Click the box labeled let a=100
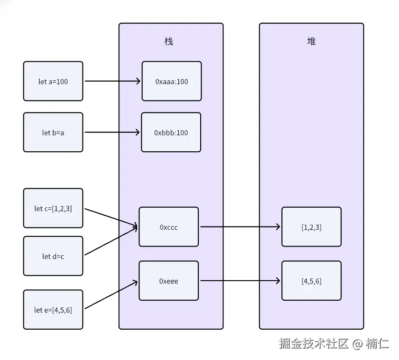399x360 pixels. click(x=53, y=81)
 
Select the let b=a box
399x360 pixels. click(x=53, y=132)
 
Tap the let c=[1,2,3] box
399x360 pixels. click(x=53, y=208)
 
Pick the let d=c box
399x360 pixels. click(x=53, y=256)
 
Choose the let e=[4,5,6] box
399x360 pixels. click(x=53, y=310)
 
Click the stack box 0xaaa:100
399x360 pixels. click(x=172, y=81)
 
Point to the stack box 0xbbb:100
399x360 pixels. click(x=171, y=132)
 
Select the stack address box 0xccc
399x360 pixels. click(x=169, y=227)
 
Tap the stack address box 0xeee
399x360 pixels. click(x=169, y=281)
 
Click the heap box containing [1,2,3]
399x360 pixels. click(x=311, y=227)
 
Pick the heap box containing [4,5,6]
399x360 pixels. click(x=311, y=281)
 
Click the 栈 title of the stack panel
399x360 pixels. click(x=169, y=42)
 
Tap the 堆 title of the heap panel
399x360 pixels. click(x=311, y=42)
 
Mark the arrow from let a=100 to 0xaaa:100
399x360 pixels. click(x=112, y=81)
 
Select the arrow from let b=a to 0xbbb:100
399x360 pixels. click(x=112, y=132)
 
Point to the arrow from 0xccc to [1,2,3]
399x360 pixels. click(x=240, y=227)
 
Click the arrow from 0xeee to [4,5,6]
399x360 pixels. click(x=240, y=281)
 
